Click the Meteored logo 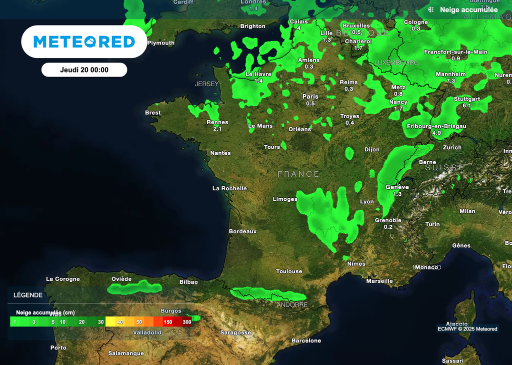(84, 42)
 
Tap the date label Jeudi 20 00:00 (84, 70)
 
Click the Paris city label (310, 97)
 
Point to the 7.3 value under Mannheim (450, 81)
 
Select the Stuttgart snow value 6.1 (467, 106)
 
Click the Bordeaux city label (242, 231)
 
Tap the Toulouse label (289, 271)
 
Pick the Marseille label (379, 281)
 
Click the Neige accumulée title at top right (468, 10)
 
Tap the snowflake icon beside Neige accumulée (430, 10)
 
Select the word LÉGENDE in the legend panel (28, 295)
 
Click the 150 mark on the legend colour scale (168, 322)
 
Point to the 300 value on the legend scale (187, 322)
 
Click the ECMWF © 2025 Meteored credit (467, 329)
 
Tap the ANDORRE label (292, 304)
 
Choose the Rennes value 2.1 (217, 129)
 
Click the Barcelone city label (306, 340)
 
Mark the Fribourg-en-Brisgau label (436, 126)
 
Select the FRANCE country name (298, 174)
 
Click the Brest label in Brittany (152, 113)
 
